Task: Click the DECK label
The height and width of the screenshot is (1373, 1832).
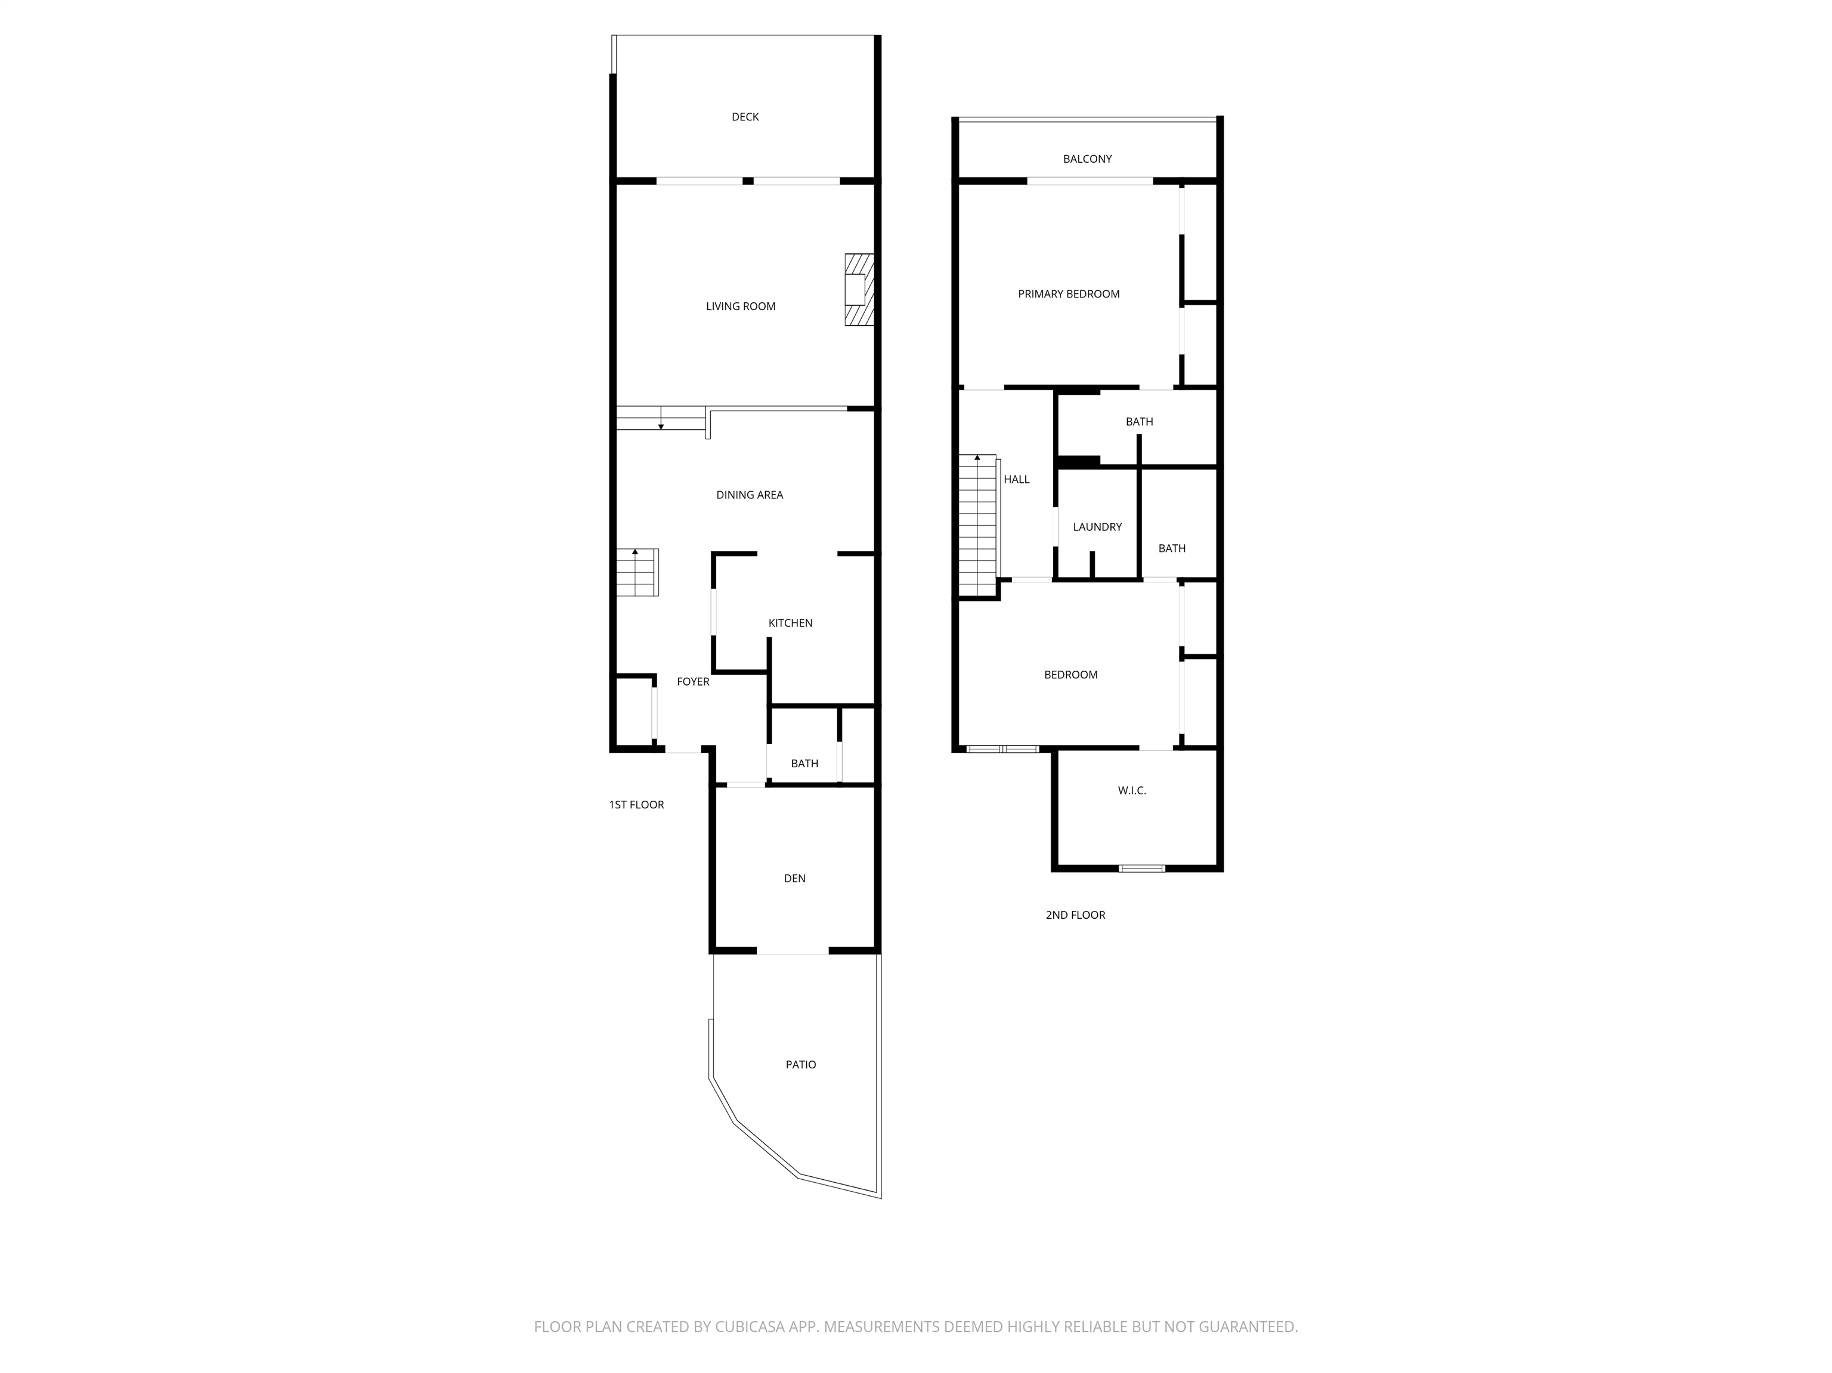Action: click(745, 117)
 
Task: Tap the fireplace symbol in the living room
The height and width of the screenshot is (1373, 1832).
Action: click(859, 289)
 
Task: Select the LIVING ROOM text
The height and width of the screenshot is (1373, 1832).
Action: click(741, 306)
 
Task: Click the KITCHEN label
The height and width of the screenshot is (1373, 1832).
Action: click(790, 623)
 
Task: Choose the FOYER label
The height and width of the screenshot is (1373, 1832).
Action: click(693, 681)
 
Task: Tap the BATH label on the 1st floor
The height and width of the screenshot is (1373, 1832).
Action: click(804, 764)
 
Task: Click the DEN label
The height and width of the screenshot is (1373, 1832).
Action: click(794, 879)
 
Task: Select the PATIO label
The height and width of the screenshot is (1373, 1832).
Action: click(800, 1065)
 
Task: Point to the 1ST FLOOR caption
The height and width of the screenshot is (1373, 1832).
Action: click(636, 805)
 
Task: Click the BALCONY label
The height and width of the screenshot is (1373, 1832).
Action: click(1087, 159)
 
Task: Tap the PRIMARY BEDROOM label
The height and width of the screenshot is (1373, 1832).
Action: click(1069, 294)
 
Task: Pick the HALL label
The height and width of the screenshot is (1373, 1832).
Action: click(1016, 479)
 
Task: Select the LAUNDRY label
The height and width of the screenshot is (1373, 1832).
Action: click(1097, 526)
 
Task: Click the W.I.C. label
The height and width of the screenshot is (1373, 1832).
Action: click(1131, 791)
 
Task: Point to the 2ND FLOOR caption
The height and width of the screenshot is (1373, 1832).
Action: click(1075, 915)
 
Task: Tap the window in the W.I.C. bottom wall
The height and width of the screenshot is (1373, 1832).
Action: click(1141, 869)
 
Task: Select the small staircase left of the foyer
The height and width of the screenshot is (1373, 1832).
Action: click(636, 572)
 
